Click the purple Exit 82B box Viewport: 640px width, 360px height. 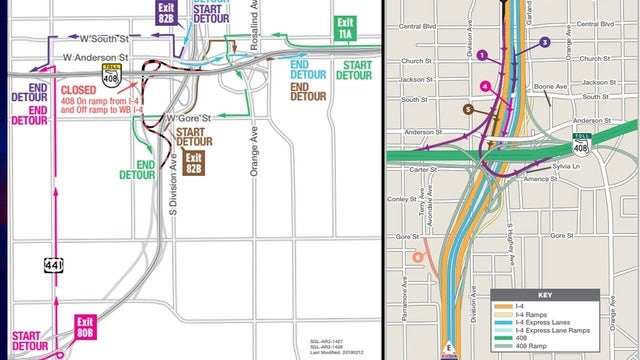pyautogui.click(x=163, y=11)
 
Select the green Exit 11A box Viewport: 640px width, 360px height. pyautogui.click(x=346, y=28)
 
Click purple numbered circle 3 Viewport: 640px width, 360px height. pyautogui.click(x=544, y=42)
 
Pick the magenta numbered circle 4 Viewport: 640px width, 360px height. pyautogui.click(x=485, y=86)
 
